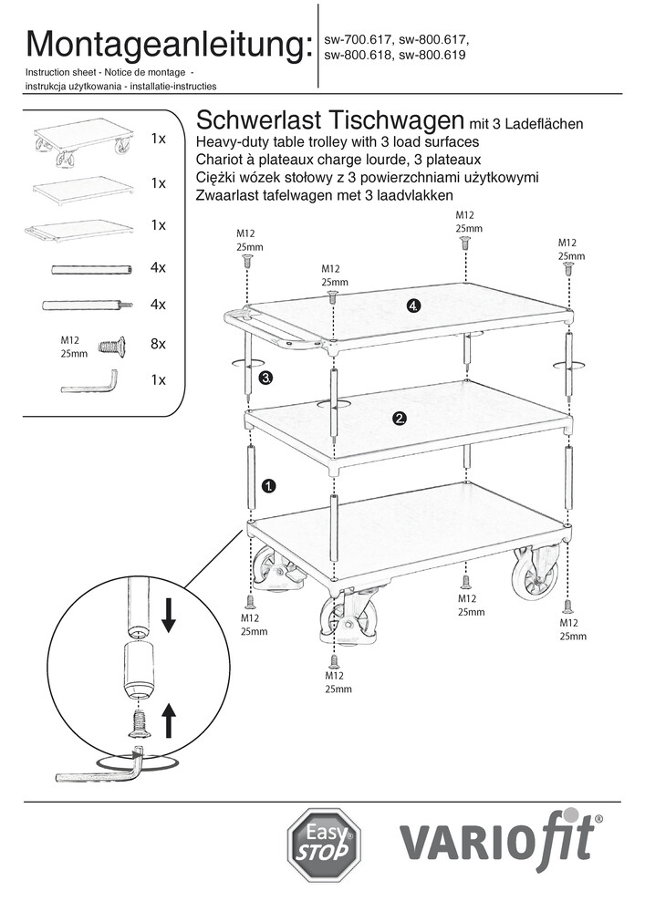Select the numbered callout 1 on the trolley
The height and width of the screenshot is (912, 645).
click(269, 486)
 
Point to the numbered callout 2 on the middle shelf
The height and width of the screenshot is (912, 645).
click(399, 419)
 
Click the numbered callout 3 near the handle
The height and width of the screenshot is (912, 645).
click(266, 376)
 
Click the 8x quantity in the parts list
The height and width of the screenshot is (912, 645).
click(158, 345)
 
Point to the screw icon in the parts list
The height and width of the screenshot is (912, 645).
click(109, 346)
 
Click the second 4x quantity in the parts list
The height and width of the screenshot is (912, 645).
click(158, 304)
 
